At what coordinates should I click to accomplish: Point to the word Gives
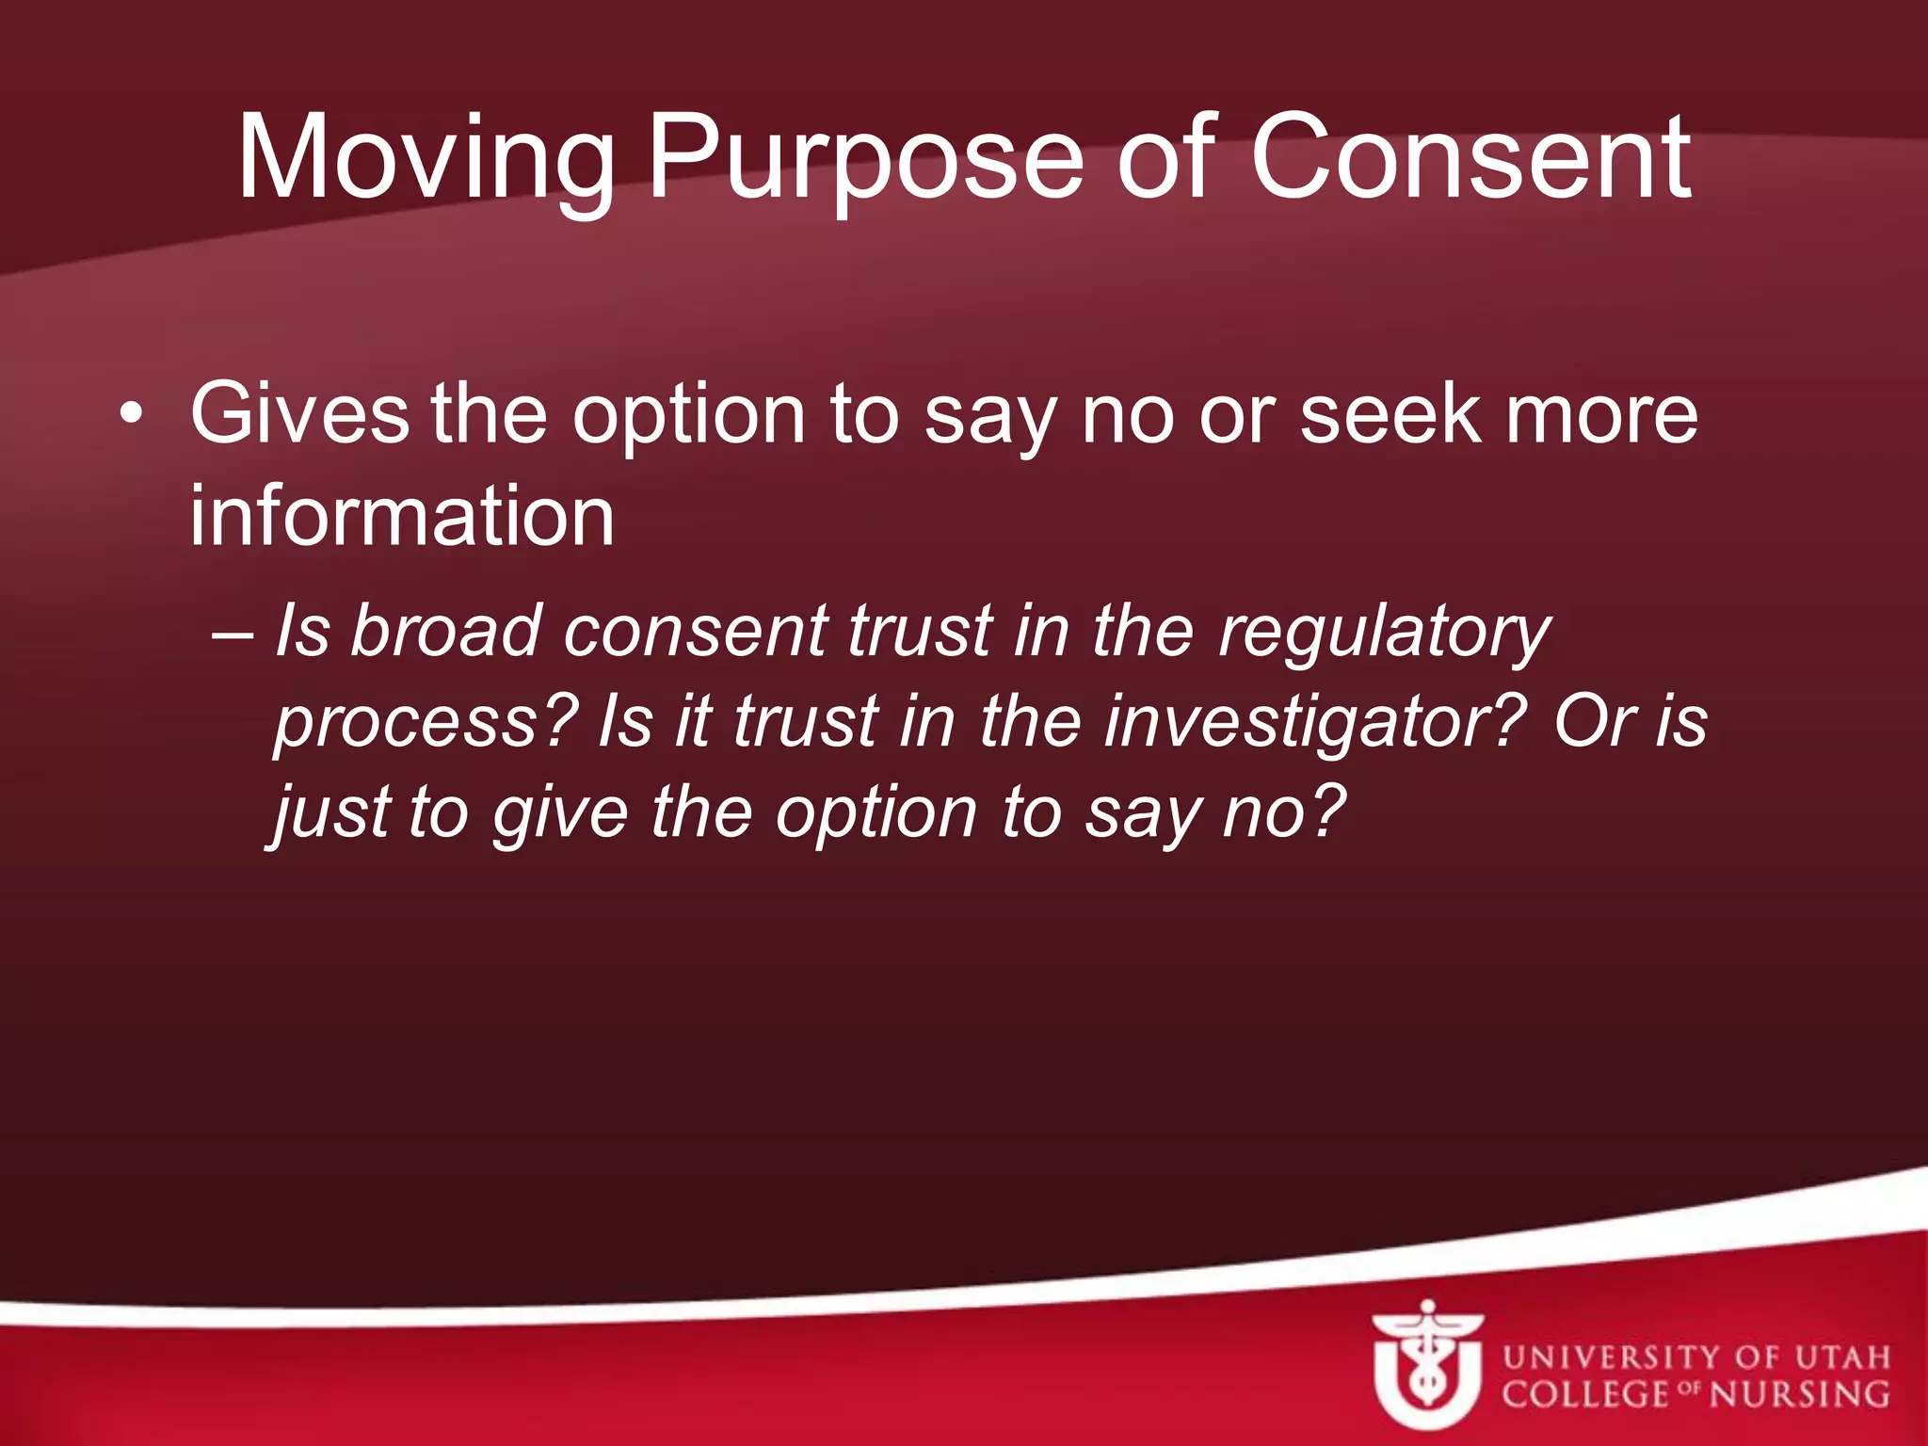coord(299,415)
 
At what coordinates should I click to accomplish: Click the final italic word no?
coord(1284,812)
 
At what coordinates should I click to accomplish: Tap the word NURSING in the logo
coord(1799,1394)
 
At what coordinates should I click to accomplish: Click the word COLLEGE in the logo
coord(1585,1394)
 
